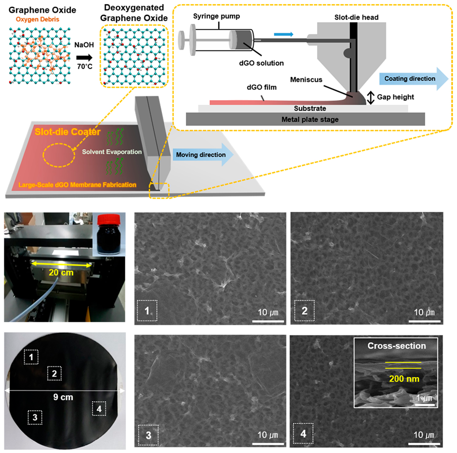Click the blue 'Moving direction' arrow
click(x=204, y=155)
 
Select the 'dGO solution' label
click(x=264, y=63)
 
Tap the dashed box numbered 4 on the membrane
click(x=99, y=409)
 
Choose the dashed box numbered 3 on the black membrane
click(x=34, y=418)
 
